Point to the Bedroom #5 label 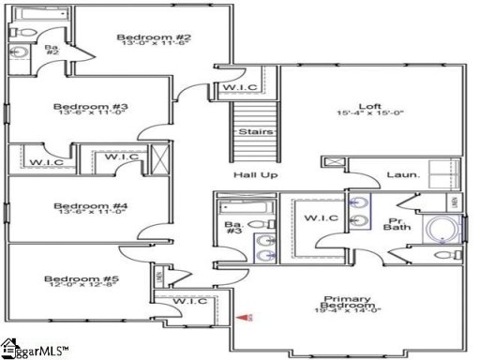coord(77,278)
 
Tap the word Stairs coord(254,132)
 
